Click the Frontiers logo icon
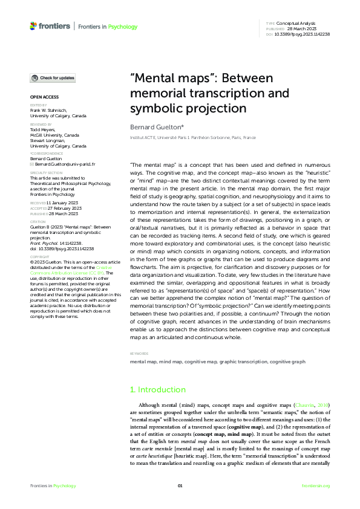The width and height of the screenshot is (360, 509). pos(33,26)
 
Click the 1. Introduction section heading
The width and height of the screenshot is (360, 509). pos(158,390)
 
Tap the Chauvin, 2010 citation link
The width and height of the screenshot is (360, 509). pos(310,404)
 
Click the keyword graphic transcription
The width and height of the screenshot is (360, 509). pos(243,361)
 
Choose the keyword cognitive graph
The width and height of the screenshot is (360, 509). pos(287,361)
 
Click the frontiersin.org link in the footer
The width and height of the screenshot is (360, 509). pos(315,485)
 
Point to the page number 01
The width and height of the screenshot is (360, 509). pos(180,485)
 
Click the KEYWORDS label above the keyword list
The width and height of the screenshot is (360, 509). pos(139,354)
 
